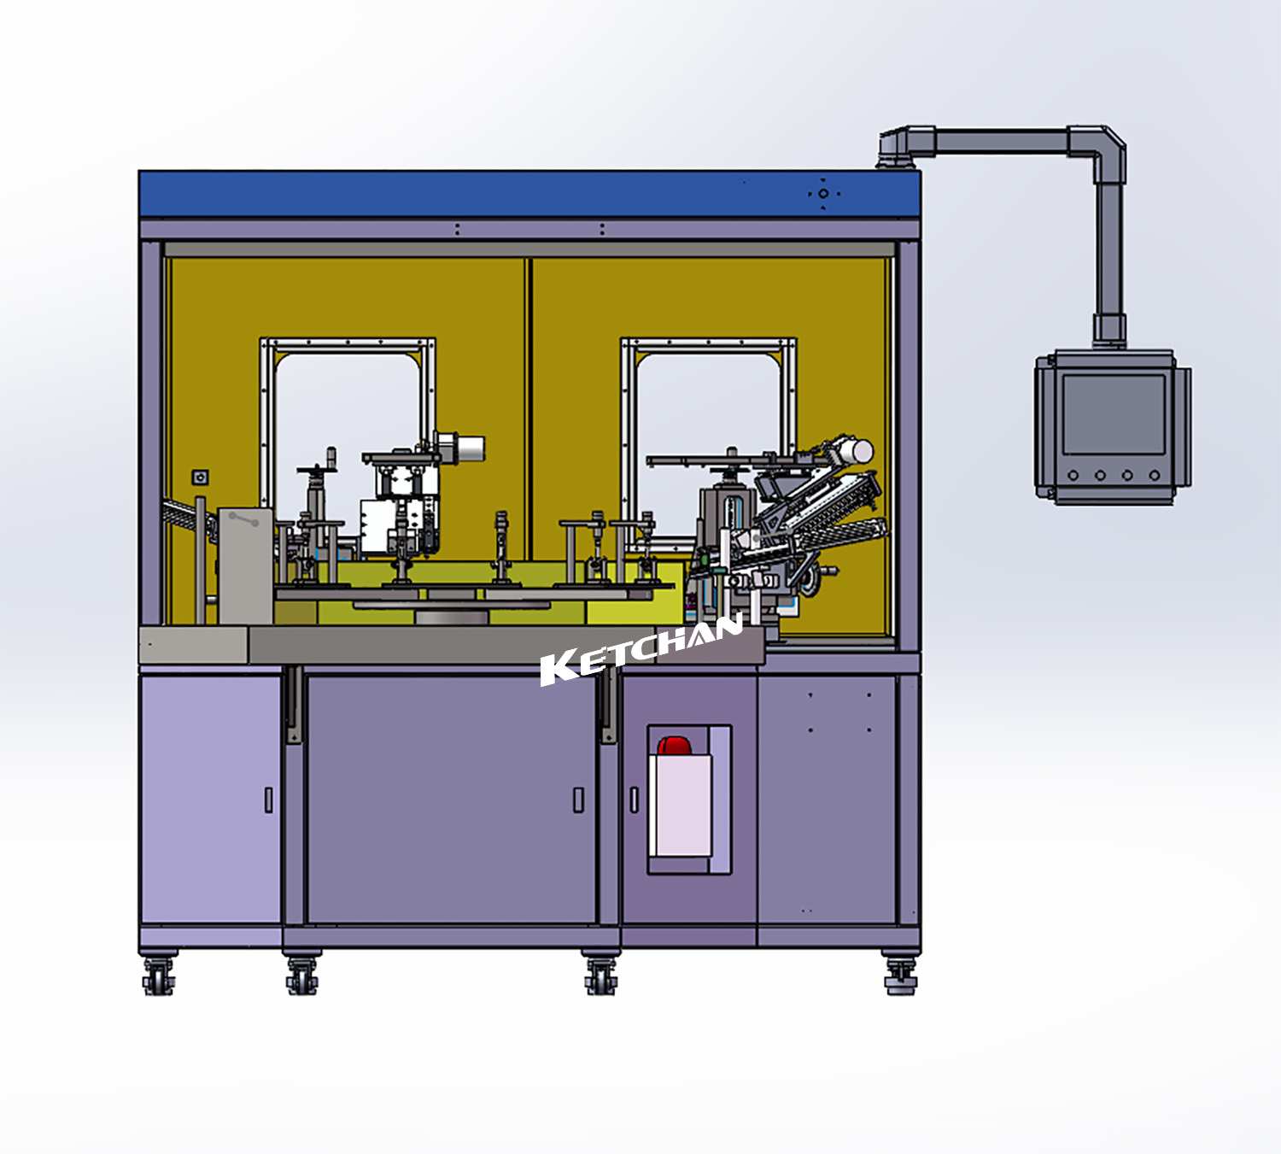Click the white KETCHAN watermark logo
point(641,648)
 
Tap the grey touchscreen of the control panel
point(1114,414)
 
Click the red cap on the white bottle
point(675,745)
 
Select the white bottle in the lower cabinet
point(681,803)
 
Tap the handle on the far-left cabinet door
point(268,800)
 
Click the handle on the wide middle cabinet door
point(578,800)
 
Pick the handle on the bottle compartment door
point(635,800)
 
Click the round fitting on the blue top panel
point(823,194)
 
